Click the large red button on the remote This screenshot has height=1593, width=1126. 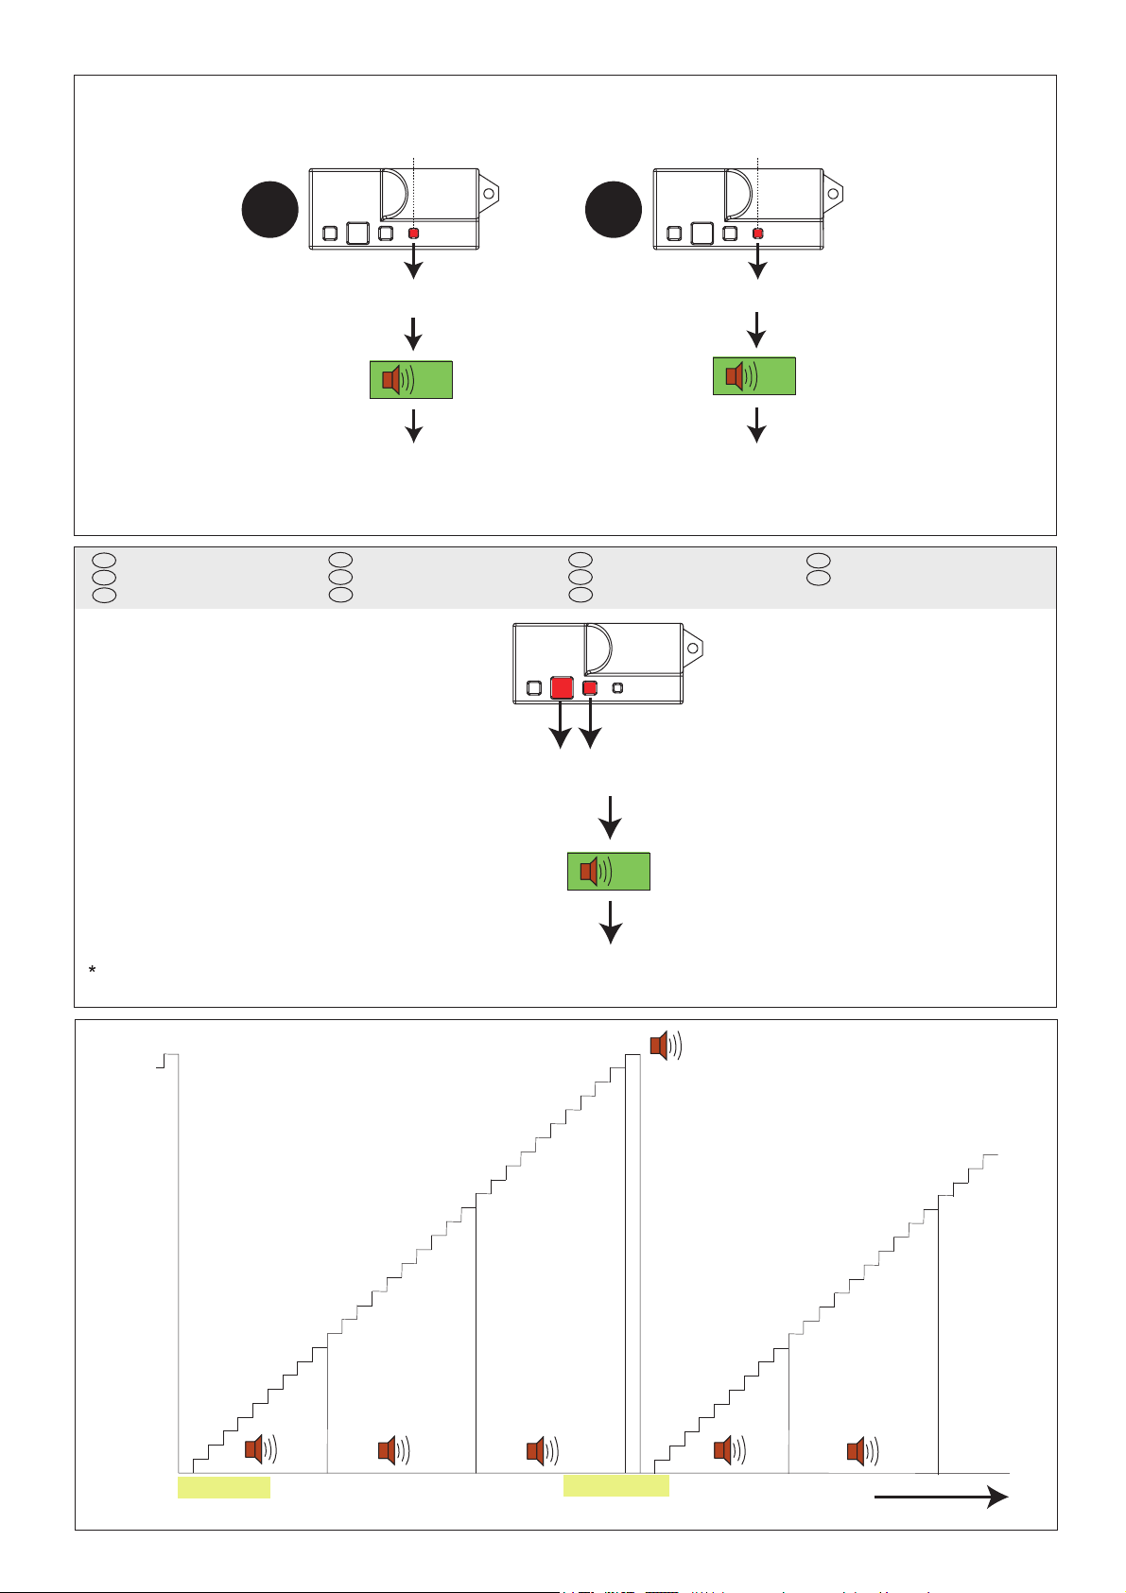[562, 687]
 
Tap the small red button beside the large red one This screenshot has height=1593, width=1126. [590, 688]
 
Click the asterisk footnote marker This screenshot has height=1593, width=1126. [92, 971]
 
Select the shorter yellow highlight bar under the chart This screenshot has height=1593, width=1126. [224, 1487]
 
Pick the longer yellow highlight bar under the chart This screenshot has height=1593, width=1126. [615, 1485]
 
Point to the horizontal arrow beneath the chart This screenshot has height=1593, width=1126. [940, 1498]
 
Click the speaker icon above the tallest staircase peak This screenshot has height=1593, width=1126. [665, 1046]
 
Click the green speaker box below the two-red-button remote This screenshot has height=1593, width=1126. [608, 871]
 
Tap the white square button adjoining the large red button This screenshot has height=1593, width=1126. [534, 688]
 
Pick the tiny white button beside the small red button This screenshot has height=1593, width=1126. [618, 688]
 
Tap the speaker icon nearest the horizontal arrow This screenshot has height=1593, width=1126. [862, 1450]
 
